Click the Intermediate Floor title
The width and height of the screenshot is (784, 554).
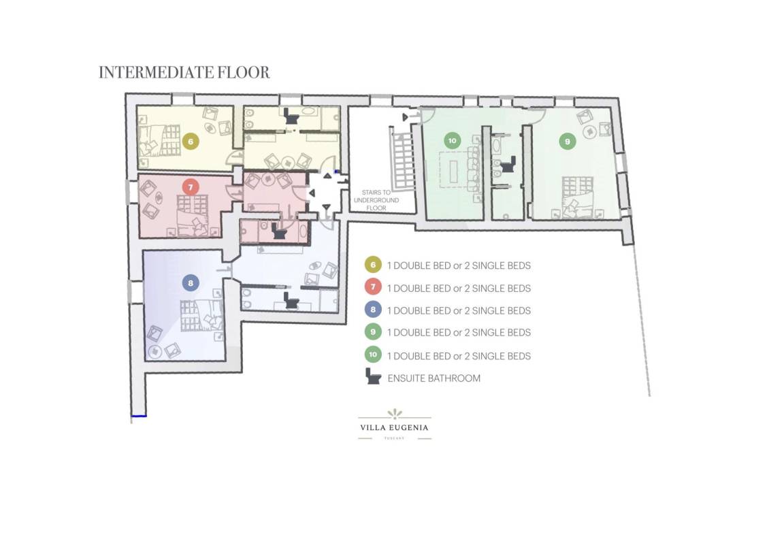point(184,73)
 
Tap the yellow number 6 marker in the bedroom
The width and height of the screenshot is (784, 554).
point(191,142)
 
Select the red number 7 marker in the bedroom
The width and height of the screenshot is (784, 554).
point(191,187)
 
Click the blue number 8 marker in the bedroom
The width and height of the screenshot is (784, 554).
point(191,284)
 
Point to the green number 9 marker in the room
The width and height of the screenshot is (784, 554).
point(568,142)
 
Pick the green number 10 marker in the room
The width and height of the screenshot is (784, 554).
point(452,140)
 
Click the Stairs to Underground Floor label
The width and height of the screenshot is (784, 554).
point(376,200)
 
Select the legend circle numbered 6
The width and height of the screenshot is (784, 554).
point(373,265)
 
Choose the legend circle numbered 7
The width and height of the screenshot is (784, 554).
point(373,287)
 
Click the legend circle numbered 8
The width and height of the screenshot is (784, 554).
point(373,310)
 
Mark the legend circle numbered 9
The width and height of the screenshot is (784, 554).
point(373,331)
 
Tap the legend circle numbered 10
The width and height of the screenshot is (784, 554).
point(373,355)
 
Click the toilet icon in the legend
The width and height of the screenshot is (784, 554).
point(373,376)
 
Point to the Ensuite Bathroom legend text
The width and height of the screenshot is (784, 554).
point(434,378)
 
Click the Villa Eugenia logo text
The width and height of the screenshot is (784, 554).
point(395,427)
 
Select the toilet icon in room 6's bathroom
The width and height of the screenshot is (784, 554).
point(291,117)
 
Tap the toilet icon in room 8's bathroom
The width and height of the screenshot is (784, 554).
point(291,300)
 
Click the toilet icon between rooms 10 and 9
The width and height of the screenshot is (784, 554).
point(508,165)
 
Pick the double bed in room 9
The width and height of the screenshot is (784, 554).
point(578,197)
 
